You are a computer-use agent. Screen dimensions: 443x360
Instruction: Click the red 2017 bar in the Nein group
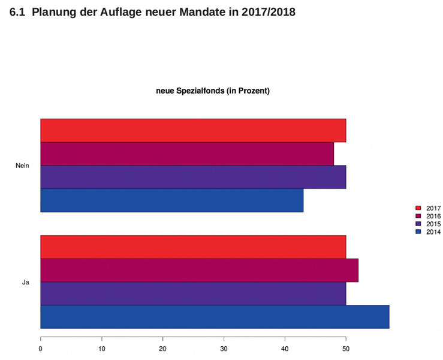(193, 130)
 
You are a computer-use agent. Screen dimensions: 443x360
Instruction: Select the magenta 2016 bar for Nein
(187, 154)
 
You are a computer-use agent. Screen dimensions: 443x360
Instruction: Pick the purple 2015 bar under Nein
(193, 177)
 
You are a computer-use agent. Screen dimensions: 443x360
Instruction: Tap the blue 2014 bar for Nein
(172, 200)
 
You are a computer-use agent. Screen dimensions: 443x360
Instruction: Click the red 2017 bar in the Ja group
(193, 247)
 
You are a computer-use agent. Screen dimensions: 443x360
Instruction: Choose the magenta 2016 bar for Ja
(200, 271)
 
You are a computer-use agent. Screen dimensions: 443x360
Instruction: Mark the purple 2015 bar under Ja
(193, 293)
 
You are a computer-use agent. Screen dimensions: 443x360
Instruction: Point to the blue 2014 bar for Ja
(215, 317)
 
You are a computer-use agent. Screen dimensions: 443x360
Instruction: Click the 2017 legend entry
(428, 208)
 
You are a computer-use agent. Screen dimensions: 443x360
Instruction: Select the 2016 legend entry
(428, 217)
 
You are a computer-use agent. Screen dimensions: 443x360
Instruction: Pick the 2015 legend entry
(428, 224)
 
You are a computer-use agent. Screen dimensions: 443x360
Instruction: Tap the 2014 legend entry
(428, 232)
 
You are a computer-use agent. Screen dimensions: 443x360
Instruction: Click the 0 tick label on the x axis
(41, 349)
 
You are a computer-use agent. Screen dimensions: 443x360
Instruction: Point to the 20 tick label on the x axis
(162, 349)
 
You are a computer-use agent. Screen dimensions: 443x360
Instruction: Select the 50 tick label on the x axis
(346, 349)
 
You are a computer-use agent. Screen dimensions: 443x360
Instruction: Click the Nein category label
(22, 166)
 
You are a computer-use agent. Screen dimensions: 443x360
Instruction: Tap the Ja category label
(26, 282)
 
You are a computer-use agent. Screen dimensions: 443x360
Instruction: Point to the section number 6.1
(17, 12)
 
